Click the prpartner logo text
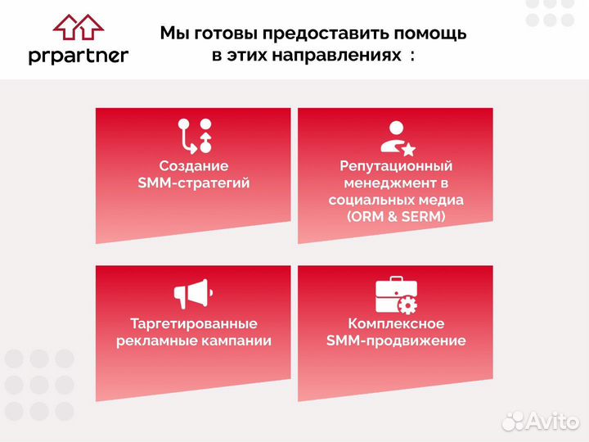[79, 56]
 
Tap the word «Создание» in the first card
[194, 165]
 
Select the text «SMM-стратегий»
[194, 183]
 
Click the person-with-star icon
[397, 138]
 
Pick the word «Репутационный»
[396, 165]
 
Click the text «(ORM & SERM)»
[396, 217]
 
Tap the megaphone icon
[194, 293]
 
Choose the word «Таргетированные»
[194, 323]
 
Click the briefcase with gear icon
[396, 295]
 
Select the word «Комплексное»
[396, 323]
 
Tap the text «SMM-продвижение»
[396, 341]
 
